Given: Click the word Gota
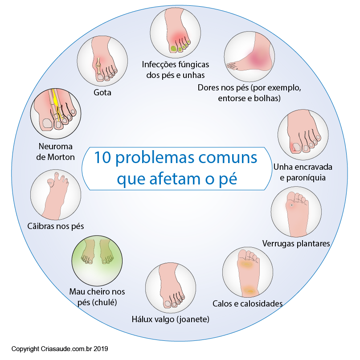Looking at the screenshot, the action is [102, 93].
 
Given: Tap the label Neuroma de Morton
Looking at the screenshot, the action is [56, 152].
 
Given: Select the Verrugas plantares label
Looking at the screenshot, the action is [296, 244].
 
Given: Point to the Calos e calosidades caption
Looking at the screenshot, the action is [248, 303].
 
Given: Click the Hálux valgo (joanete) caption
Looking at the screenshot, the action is [171, 319].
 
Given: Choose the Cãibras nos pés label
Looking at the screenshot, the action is [56, 226].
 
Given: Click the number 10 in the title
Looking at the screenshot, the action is [102, 158].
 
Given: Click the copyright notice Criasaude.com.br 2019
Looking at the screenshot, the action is [60, 349].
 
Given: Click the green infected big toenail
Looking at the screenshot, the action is [174, 49].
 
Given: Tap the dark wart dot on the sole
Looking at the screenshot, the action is [291, 205].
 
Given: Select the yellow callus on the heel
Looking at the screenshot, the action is [250, 291].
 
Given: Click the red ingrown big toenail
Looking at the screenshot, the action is [295, 147].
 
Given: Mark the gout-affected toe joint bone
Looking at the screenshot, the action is [98, 66].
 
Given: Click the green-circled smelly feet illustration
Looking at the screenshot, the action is [97, 261].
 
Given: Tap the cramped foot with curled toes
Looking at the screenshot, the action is [56, 195].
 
